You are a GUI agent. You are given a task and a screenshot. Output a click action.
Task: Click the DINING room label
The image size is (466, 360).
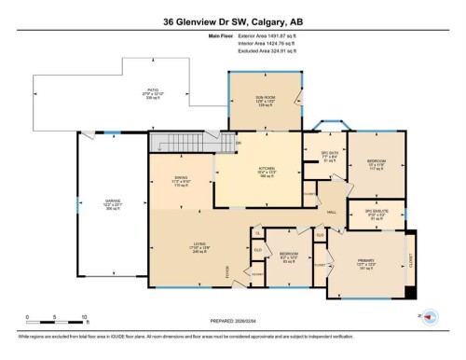click(181, 181)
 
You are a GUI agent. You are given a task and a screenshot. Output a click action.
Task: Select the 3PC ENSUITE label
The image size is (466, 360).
click(374, 215)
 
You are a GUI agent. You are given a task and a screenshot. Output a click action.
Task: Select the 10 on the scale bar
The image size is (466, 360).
click(85, 317)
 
